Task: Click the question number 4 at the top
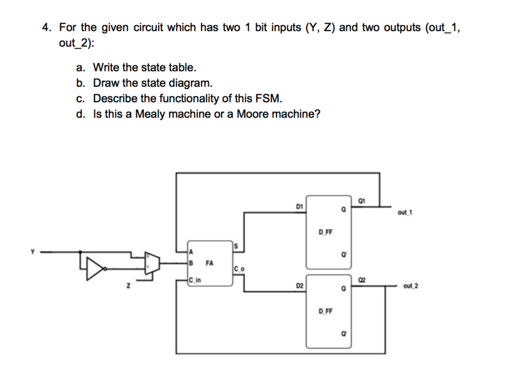(x=46, y=28)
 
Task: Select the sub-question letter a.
(x=81, y=68)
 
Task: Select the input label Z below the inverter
(x=129, y=285)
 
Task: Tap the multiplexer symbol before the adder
(x=152, y=263)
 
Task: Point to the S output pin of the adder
(x=236, y=247)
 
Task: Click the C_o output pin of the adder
(x=239, y=268)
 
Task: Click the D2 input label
(x=299, y=285)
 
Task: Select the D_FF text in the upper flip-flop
(x=325, y=232)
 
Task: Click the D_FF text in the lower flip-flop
(x=325, y=312)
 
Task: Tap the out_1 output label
(x=404, y=212)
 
